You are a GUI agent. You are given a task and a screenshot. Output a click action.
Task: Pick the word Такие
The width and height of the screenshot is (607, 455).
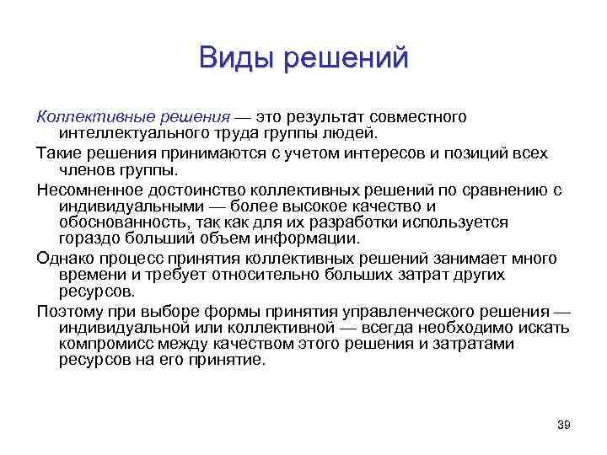coord(56,153)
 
